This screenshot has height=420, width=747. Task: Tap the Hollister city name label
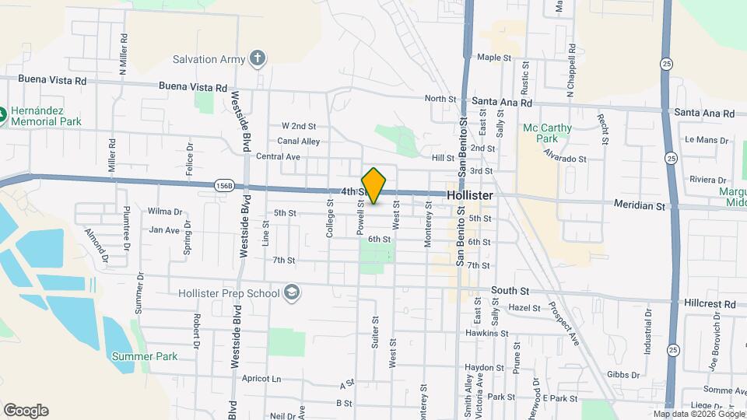469,195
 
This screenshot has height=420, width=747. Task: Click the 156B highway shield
223,186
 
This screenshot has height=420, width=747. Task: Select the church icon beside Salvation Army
258,59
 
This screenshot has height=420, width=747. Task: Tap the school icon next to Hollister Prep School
292,293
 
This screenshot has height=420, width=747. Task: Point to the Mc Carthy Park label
547,133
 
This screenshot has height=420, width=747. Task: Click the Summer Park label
144,356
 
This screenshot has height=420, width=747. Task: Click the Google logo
26,411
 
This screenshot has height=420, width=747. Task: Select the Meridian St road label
640,206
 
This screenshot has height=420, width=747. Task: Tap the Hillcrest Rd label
710,304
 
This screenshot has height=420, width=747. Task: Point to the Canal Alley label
299,142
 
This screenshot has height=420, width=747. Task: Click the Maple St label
494,58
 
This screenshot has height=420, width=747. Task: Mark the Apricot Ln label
261,379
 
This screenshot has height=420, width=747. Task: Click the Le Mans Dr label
707,140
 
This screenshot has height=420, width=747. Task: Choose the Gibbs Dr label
624,375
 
